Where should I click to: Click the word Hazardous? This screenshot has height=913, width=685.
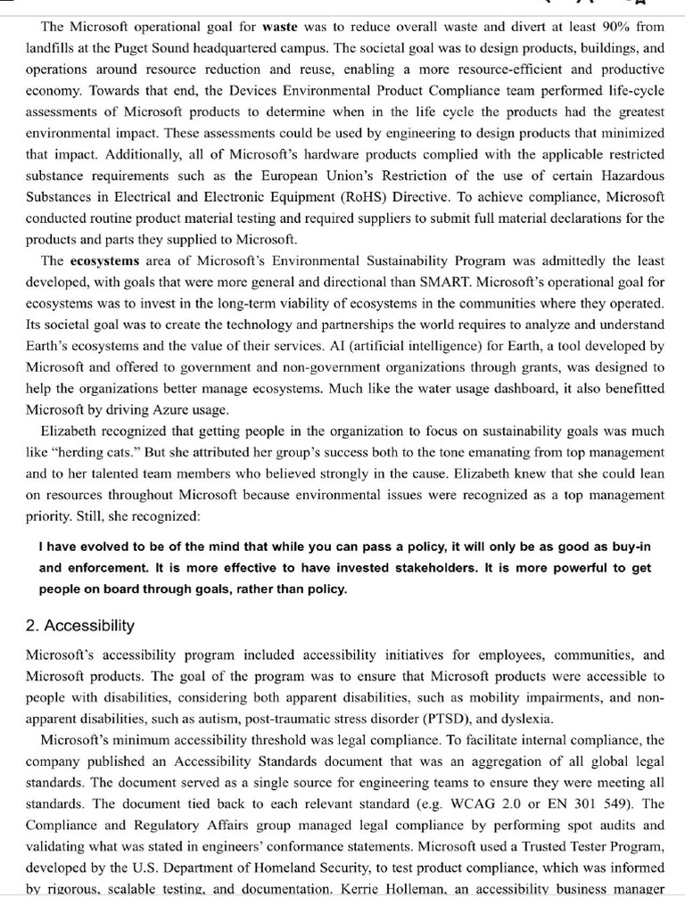click(x=631, y=176)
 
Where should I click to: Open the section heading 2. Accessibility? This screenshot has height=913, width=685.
click(x=80, y=625)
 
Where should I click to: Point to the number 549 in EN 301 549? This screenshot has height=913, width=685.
click(x=612, y=803)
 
